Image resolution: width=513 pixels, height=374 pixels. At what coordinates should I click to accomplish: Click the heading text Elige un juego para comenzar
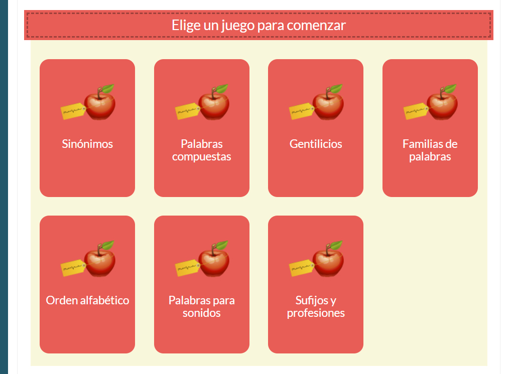coord(259,25)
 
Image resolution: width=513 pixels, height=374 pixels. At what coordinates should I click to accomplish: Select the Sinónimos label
coord(87,144)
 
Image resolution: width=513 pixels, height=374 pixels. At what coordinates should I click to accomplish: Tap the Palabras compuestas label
coord(201,150)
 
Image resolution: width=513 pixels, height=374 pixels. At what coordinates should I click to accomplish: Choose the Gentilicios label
coord(316,144)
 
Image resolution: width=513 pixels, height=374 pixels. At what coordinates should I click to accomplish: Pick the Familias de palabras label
coord(430,150)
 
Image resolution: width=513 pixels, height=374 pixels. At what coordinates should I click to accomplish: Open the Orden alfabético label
coord(87,300)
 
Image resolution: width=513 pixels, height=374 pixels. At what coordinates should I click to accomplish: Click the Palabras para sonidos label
coord(201,307)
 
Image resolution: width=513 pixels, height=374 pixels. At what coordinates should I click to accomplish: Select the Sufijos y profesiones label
coord(316,307)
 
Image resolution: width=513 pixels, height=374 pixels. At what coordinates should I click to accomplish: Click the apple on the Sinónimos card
coord(100,104)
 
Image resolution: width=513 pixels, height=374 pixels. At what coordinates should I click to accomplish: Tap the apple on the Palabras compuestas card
coord(214,104)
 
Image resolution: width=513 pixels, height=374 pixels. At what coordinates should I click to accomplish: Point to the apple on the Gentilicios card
coord(328,104)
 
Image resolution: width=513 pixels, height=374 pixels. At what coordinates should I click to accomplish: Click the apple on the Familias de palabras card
coord(443,104)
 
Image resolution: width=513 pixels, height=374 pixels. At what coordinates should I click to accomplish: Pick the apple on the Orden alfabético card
coord(100,261)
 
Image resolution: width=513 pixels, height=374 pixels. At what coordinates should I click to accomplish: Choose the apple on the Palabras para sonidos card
coord(214,261)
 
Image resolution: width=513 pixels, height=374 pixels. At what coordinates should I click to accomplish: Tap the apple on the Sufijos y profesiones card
coord(328,261)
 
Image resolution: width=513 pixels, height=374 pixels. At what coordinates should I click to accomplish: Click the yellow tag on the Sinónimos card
coord(72,111)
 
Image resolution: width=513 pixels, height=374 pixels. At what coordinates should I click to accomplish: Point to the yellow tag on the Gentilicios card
coord(301,111)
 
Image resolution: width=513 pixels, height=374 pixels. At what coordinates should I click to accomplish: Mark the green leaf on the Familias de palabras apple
coord(450,89)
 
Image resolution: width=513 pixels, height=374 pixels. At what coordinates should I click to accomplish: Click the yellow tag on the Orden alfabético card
coord(72,268)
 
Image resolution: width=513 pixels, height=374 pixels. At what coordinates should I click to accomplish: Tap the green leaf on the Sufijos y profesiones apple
coord(336,245)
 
